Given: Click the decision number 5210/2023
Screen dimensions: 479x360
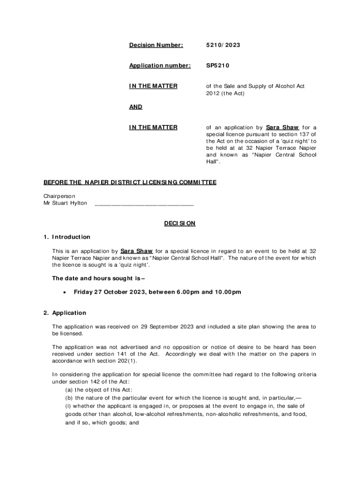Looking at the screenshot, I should pos(223,45).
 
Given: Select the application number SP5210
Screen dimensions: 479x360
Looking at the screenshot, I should pos(218,66).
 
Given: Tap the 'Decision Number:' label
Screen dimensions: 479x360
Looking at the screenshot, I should pos(156,45).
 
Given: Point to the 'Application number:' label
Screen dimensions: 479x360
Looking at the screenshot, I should pos(160,66).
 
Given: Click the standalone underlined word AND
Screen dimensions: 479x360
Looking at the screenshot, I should pos(136,107).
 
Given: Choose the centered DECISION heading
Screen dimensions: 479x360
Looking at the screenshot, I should pos(180,224).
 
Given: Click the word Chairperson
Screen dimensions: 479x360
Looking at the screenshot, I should pos(59,196).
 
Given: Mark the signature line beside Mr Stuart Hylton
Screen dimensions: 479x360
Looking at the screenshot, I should pos(144,204).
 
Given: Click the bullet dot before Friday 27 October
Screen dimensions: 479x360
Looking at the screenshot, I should pos(63,293).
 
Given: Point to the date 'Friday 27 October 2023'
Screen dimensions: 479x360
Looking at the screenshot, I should pos(109,292).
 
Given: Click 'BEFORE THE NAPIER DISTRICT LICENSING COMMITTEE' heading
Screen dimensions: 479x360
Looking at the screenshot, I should pos(130,182).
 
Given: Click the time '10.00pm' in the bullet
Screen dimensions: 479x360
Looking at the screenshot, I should pos(228,292).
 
